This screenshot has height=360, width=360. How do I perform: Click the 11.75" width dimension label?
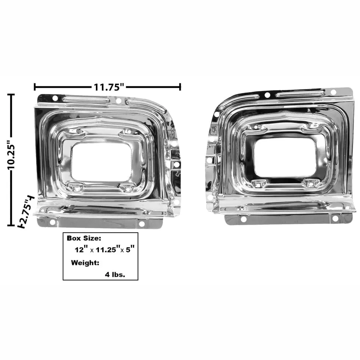pyautogui.click(x=109, y=87)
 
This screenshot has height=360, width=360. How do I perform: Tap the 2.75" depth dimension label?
pyautogui.click(x=27, y=211)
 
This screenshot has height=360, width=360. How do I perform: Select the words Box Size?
pyautogui.click(x=84, y=238)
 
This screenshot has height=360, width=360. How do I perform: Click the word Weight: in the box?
pyautogui.click(x=85, y=263)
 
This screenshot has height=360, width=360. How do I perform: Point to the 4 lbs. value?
pyautogui.click(x=115, y=275)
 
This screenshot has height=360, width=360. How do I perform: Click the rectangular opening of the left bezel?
pyautogui.click(x=101, y=162)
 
